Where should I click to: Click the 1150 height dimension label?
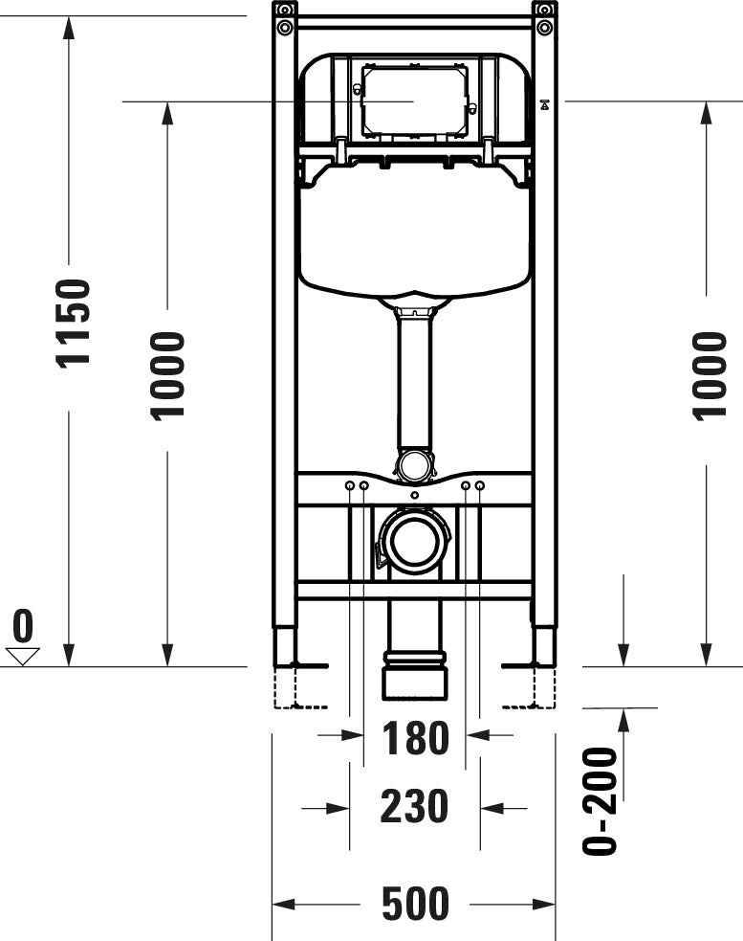(73, 323)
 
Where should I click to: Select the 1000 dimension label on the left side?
(167, 375)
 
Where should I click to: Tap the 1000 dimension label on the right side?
(709, 375)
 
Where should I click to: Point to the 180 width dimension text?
(415, 738)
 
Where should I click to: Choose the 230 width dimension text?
(414, 807)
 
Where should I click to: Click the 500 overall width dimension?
(414, 903)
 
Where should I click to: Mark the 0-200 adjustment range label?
(601, 800)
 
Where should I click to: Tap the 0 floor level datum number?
(22, 627)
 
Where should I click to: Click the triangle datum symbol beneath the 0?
(22, 656)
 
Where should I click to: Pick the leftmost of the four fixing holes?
(350, 487)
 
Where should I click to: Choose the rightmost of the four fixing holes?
(480, 487)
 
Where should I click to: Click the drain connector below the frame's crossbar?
(414, 651)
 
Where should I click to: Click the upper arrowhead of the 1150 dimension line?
(68, 27)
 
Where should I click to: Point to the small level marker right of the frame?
(545, 104)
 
